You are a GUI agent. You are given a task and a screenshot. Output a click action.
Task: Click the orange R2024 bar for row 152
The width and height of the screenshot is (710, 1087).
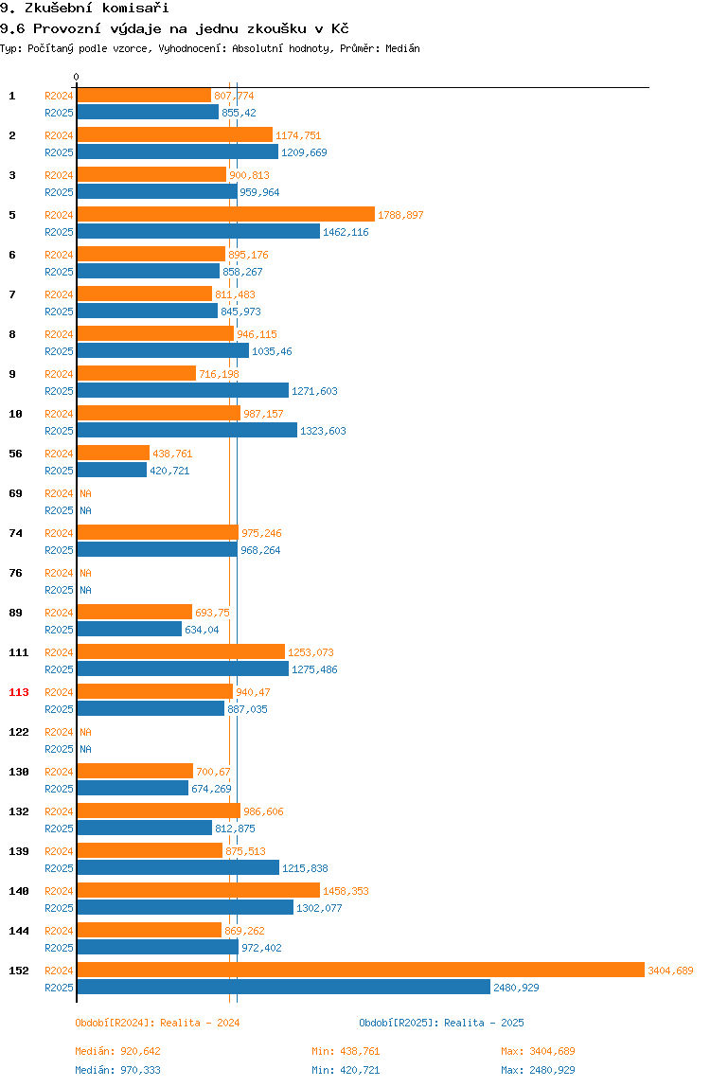[x=361, y=970]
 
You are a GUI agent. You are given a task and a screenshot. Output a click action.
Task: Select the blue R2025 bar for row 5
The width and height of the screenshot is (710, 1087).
[x=198, y=232]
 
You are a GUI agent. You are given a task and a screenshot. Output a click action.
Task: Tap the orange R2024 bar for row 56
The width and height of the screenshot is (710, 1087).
[x=113, y=453]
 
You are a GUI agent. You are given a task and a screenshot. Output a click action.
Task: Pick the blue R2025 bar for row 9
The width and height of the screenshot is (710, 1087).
[x=183, y=390]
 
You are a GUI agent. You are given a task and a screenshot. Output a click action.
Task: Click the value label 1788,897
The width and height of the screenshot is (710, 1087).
[x=400, y=215]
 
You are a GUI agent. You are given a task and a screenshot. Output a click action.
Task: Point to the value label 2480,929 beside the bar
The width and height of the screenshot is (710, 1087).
[x=516, y=988]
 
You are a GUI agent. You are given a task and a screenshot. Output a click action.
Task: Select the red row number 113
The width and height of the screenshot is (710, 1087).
[x=19, y=692]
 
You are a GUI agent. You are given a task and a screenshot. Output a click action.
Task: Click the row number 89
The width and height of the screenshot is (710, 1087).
[x=15, y=612]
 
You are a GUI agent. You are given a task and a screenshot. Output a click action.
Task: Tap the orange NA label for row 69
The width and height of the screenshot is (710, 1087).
[x=85, y=493]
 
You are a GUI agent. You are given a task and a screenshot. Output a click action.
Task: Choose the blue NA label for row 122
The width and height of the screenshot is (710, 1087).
[x=85, y=749]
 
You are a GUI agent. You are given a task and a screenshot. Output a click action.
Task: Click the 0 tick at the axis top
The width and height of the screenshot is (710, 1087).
[x=77, y=77]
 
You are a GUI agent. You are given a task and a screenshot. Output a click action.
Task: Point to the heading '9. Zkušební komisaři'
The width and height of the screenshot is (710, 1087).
[x=84, y=9]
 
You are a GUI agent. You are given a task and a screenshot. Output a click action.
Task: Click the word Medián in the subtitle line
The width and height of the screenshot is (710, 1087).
[x=403, y=48]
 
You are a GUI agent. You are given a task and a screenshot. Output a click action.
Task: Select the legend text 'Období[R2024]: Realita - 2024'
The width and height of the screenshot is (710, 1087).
[x=157, y=1023]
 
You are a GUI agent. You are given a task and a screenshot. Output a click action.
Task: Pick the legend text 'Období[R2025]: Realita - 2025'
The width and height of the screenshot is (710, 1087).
[x=442, y=1023]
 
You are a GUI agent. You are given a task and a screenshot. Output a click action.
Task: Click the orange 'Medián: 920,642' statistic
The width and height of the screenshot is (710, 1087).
[x=118, y=1051]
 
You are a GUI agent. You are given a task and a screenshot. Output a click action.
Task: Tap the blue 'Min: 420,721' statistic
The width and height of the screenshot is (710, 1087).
[x=346, y=1070]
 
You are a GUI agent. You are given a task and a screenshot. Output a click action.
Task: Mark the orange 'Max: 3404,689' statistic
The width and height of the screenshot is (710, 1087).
[x=538, y=1051]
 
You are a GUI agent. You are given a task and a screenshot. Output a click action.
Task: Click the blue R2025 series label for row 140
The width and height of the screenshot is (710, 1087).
[x=59, y=907]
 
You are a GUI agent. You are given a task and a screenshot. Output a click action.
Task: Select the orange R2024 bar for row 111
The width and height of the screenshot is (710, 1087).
[x=181, y=651]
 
